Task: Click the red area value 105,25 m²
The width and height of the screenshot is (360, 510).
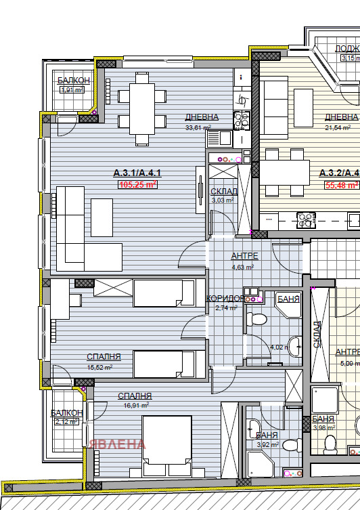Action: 138,184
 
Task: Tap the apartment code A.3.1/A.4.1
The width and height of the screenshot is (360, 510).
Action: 137,174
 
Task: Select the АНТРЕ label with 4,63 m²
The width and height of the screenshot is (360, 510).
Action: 244,257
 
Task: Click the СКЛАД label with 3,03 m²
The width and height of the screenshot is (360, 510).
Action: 223,192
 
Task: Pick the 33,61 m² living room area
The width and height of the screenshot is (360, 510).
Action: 198,127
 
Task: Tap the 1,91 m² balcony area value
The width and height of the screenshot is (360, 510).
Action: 70,89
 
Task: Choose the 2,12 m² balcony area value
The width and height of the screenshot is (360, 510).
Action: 66,422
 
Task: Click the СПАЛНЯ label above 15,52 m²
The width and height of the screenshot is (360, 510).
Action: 104,356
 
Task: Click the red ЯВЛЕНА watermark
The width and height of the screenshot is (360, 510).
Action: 116,444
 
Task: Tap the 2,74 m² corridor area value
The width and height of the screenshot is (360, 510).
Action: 226,307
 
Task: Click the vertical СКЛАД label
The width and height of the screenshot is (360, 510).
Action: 318,335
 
